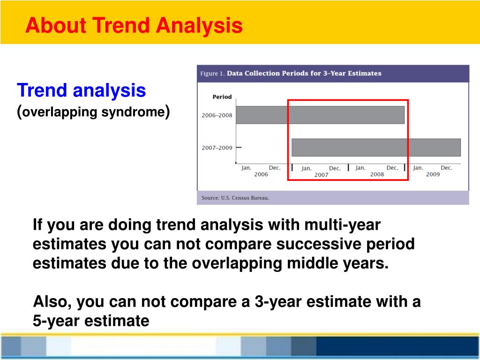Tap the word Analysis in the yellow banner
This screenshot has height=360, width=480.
(x=199, y=25)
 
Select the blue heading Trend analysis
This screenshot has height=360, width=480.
(x=82, y=90)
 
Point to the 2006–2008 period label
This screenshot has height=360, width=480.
(x=217, y=115)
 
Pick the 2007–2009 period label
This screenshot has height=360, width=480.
(x=217, y=148)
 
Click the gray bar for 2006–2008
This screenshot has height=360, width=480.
(x=320, y=115)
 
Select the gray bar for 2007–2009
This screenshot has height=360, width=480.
(x=376, y=148)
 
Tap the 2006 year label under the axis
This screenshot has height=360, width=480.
(x=261, y=174)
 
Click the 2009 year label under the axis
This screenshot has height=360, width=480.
(x=433, y=174)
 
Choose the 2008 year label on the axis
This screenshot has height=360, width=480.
(x=377, y=174)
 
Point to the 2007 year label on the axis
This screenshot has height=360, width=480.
(x=321, y=175)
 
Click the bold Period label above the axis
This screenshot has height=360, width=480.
(x=222, y=97)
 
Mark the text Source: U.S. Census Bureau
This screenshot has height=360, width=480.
(x=235, y=198)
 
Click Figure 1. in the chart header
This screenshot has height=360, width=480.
(x=212, y=74)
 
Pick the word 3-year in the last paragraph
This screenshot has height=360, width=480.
(x=278, y=302)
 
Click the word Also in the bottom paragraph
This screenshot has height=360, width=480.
(x=52, y=302)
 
